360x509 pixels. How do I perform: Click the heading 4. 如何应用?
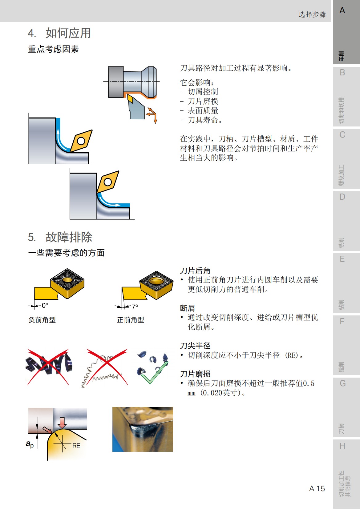(x=59, y=33)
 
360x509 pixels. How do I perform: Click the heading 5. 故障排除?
(x=60, y=237)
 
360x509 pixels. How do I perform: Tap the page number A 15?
(x=317, y=488)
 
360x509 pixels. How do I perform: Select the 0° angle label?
(x=45, y=306)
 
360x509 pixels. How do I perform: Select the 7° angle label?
(x=135, y=307)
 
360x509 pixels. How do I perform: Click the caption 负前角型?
(x=42, y=320)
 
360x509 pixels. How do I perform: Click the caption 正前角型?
(x=131, y=320)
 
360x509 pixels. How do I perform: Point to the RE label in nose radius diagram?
(x=76, y=446)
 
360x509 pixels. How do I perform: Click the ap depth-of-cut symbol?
(x=30, y=444)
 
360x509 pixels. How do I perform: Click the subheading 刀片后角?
(x=195, y=271)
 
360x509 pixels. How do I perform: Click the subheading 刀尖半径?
(x=195, y=346)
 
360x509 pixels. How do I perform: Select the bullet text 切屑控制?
(x=203, y=92)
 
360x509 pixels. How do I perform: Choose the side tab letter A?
(x=342, y=11)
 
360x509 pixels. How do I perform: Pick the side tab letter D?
(x=342, y=197)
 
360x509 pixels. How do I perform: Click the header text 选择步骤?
(x=312, y=14)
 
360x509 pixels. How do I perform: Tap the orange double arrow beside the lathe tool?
(x=152, y=115)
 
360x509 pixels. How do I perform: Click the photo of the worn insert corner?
(x=143, y=429)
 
